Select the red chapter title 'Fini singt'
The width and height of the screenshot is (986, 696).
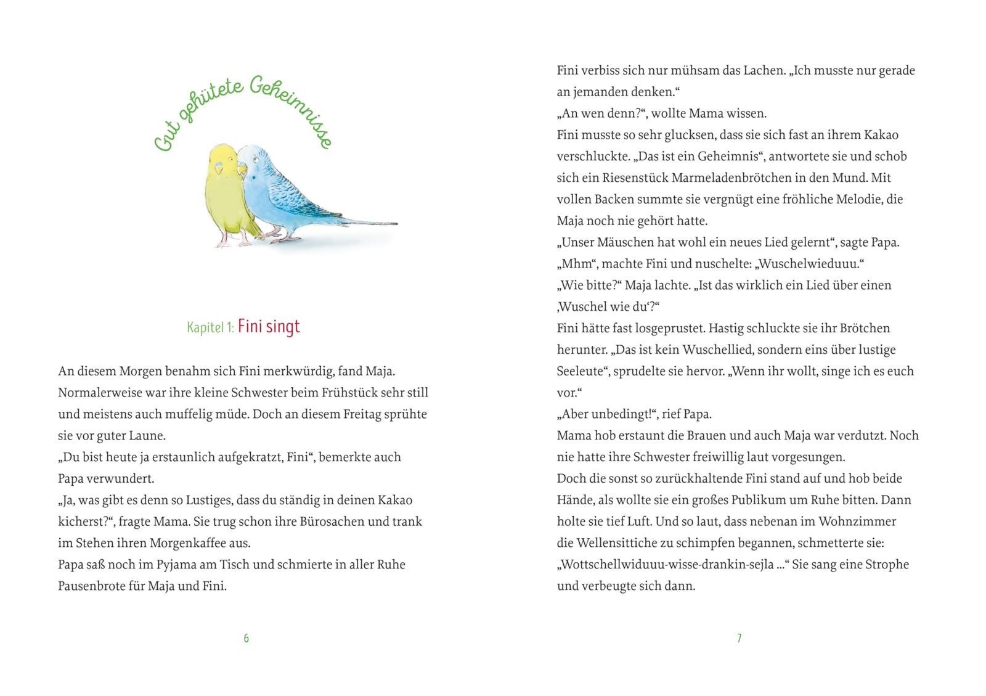[x=269, y=326]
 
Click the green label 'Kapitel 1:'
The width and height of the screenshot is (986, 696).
[x=210, y=327]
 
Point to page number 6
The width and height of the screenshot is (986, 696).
[x=246, y=638]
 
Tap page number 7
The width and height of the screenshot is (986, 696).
[x=739, y=638]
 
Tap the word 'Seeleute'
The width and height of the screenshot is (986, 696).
[x=581, y=371]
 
